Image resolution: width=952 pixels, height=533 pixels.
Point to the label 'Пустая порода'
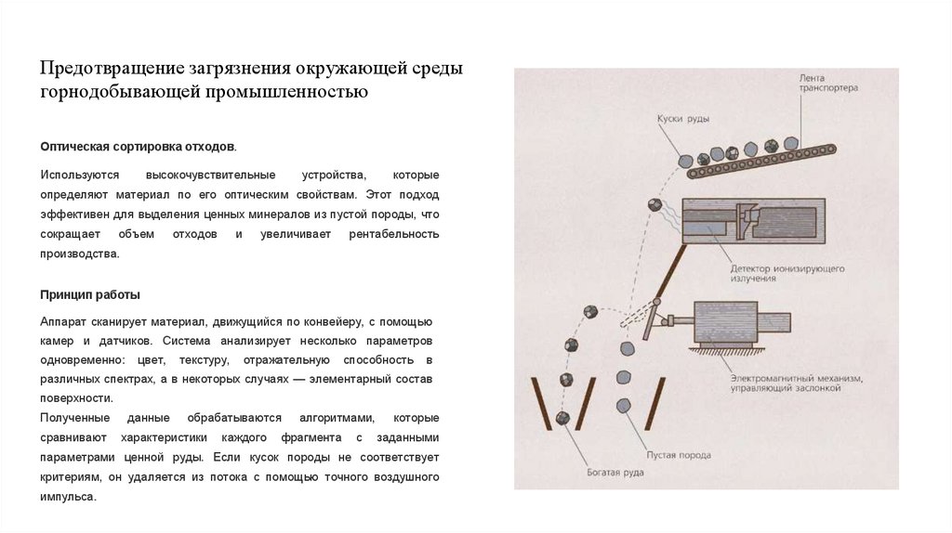[681, 455]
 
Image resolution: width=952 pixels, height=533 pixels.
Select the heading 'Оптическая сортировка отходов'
[137, 147]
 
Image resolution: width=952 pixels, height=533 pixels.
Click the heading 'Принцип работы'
[90, 294]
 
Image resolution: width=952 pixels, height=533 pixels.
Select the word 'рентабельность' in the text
[393, 233]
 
